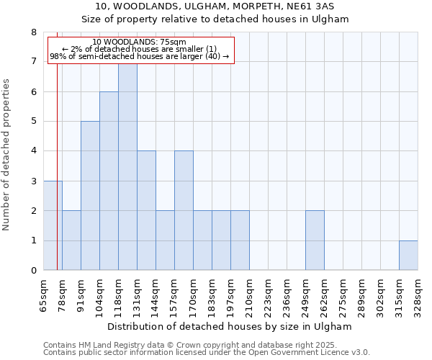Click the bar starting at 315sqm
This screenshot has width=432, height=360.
(408, 256)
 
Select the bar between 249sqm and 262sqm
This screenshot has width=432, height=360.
(315, 240)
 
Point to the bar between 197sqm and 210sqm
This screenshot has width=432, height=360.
(240, 240)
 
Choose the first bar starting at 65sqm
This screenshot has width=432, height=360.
(53, 225)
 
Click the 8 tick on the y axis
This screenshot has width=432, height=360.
(34, 32)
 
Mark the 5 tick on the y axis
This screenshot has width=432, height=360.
(34, 122)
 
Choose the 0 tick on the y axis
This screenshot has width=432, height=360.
(34, 271)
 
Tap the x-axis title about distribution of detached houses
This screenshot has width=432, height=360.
(230, 326)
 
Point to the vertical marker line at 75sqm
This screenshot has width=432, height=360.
(57, 144)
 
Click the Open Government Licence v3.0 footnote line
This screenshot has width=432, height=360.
(207, 353)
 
